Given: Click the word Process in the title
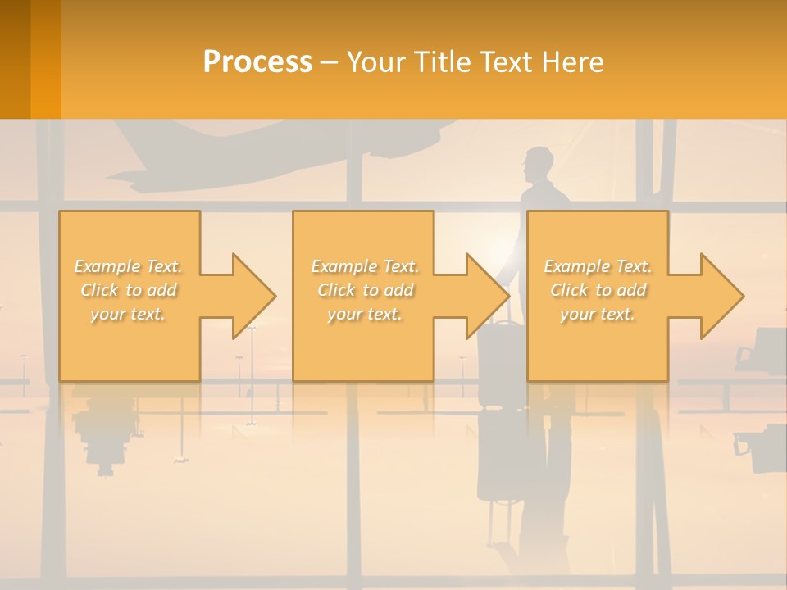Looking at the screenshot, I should (257, 62).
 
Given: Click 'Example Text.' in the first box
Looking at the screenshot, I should (129, 266).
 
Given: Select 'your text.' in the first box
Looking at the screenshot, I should (129, 314).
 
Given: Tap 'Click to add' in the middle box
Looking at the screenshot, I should (365, 290).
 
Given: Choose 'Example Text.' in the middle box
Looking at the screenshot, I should (365, 266).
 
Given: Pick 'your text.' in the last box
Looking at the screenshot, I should (598, 314).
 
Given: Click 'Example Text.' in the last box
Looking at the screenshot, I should (598, 266).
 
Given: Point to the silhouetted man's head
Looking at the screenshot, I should (538, 163).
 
